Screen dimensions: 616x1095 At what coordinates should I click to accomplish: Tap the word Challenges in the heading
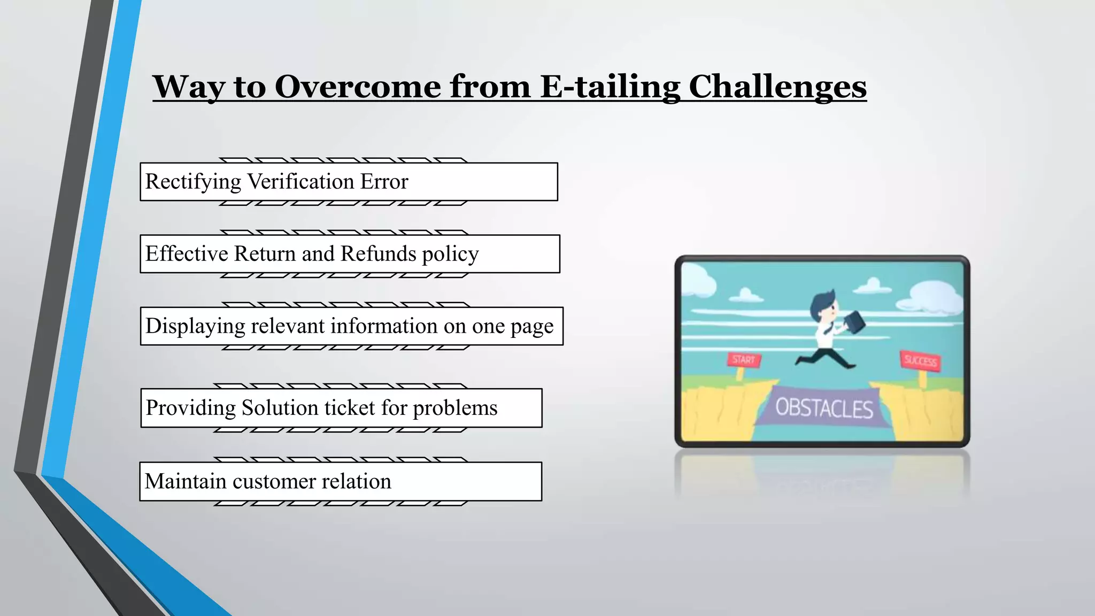(x=777, y=86)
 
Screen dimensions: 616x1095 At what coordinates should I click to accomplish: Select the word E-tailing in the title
(x=610, y=86)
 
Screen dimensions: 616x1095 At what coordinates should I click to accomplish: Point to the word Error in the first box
(x=384, y=182)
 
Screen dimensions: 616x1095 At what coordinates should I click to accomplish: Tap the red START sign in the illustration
(x=743, y=359)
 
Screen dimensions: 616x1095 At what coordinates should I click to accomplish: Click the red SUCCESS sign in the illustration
(x=920, y=361)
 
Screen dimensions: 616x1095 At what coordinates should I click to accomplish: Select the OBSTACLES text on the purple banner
(x=824, y=409)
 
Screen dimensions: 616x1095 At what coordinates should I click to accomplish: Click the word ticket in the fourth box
(x=350, y=408)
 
